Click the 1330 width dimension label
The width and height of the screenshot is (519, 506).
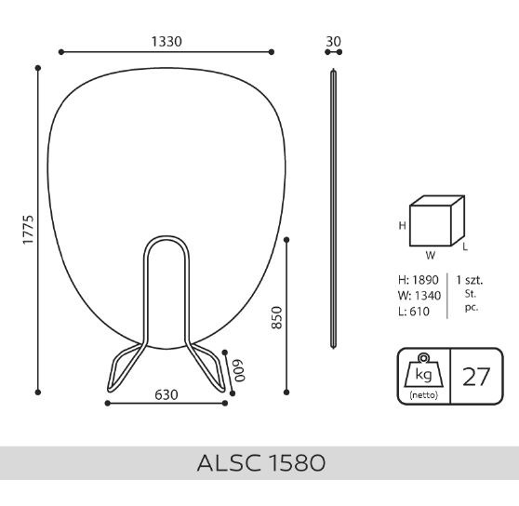(x=166, y=42)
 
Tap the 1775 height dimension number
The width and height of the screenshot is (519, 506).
(x=28, y=230)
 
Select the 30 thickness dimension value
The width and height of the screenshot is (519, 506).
(x=333, y=42)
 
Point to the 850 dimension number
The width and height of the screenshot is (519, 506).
(x=277, y=318)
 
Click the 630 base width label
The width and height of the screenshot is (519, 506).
(x=166, y=394)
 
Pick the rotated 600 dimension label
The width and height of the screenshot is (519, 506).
(x=239, y=370)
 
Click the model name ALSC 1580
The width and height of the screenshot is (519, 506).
(x=261, y=462)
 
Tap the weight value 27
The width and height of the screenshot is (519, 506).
(x=476, y=377)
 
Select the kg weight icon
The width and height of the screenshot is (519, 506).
(x=424, y=370)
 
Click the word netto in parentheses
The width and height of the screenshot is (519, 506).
(x=424, y=394)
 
